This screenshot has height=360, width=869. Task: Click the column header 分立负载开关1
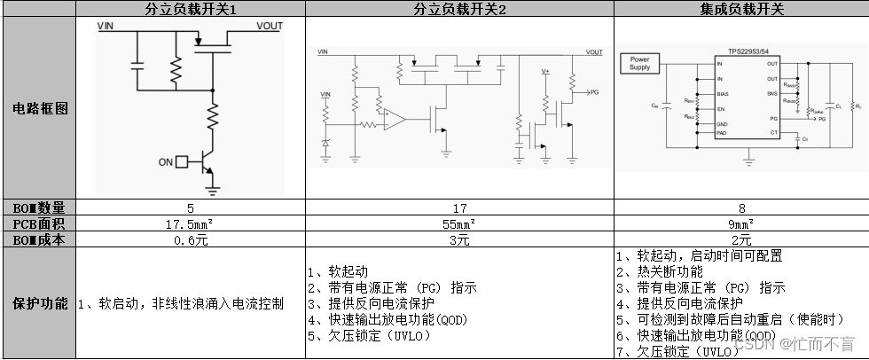tap(191, 9)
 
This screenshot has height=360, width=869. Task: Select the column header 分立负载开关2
tap(459, 9)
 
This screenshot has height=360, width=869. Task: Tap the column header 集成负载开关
tap(740, 9)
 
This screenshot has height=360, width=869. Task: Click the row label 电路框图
tap(39, 108)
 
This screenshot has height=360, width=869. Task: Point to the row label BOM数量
tap(39, 207)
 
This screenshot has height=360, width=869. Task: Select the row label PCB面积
tap(39, 223)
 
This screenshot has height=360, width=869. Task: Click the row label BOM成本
tap(39, 239)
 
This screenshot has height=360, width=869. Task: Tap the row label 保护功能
tap(39, 303)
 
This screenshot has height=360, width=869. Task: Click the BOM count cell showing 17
tap(459, 207)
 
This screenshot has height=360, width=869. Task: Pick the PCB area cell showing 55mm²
tap(459, 223)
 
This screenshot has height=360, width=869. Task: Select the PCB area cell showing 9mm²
tap(740, 223)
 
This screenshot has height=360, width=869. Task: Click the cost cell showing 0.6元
tap(191, 239)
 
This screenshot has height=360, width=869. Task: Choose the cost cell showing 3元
tap(459, 239)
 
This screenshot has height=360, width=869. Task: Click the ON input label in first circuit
tap(165, 162)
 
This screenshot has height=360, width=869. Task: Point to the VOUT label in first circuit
tap(269, 27)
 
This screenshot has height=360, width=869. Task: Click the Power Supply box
tap(639, 63)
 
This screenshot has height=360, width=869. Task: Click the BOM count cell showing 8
tap(740, 207)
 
